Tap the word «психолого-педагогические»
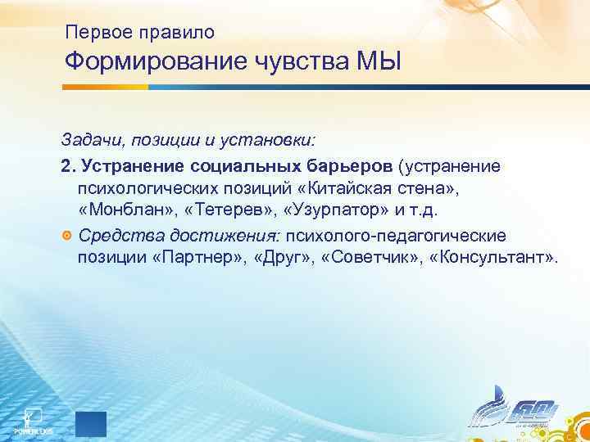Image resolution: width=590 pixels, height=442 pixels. (x=396, y=237)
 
